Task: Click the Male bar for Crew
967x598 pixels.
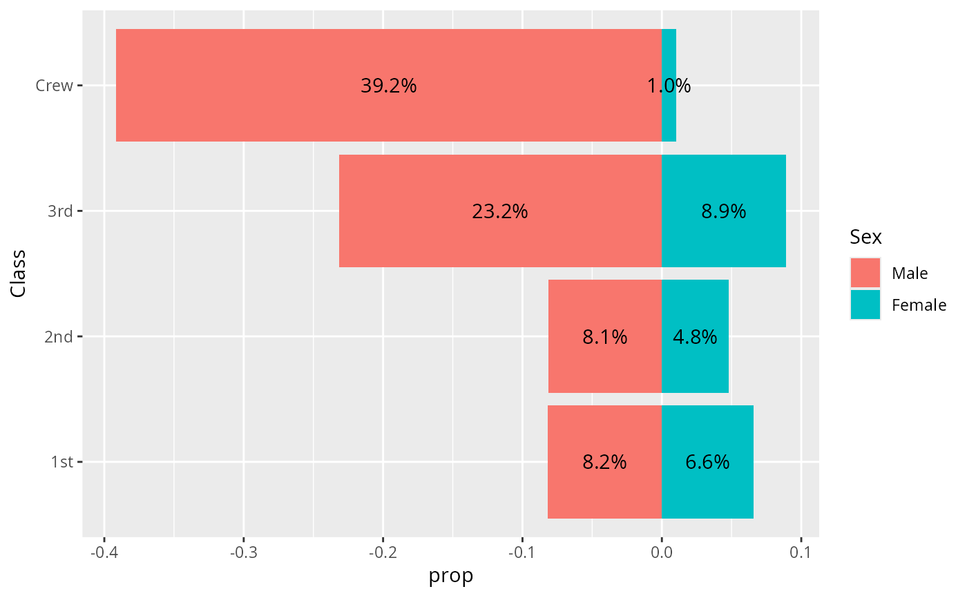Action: coord(388,85)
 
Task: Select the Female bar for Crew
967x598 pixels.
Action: coord(669,85)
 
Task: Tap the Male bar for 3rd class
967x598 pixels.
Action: coord(500,211)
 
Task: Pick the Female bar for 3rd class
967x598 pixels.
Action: coord(724,211)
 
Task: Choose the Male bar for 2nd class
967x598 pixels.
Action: coord(605,336)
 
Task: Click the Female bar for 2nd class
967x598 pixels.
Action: coord(695,336)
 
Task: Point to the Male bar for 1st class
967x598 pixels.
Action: coord(604,462)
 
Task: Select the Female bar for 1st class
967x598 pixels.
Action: coord(707,462)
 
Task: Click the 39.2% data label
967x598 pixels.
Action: coord(388,86)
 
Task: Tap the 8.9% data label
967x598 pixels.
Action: coord(724,211)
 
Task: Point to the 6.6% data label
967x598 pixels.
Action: coord(707,462)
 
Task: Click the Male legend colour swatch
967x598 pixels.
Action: coord(865,273)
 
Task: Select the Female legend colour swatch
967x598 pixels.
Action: coord(865,305)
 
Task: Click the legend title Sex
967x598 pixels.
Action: coord(865,237)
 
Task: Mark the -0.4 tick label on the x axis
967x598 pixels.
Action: coord(104,552)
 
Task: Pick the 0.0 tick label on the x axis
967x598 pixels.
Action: coord(662,552)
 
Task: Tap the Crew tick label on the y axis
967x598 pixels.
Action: coord(54,86)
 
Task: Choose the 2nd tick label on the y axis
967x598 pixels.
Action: coord(58,336)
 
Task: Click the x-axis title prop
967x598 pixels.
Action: coord(450,576)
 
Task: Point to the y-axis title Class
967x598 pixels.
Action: coord(18,273)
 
